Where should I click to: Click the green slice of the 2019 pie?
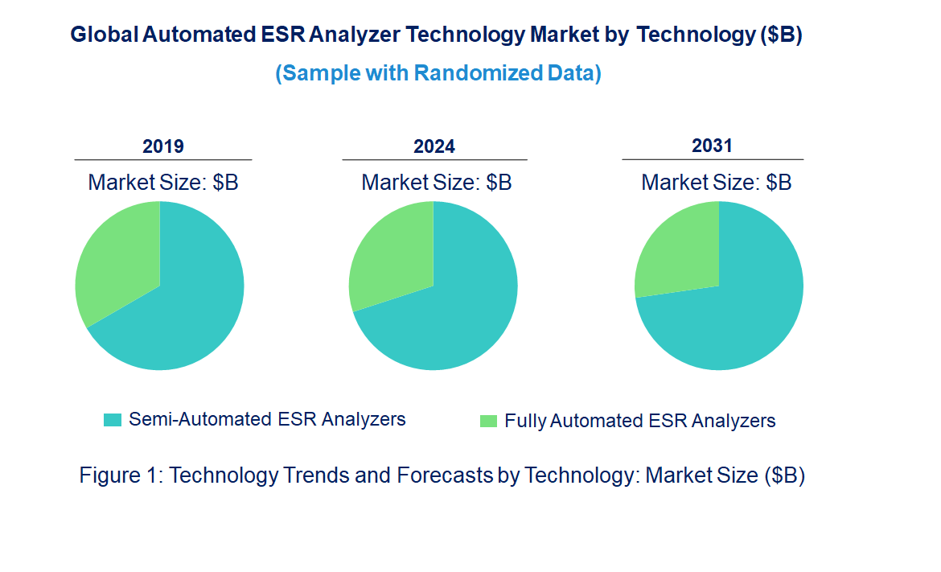(117, 257)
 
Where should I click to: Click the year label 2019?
(163, 146)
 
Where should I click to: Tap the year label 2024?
(434, 146)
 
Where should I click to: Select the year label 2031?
(712, 146)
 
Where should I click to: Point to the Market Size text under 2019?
(163, 183)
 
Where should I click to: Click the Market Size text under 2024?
(436, 183)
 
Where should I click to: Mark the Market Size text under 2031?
(716, 183)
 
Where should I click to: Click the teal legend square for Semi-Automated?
(113, 419)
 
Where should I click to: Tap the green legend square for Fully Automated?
(488, 421)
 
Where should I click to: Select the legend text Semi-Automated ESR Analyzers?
(267, 419)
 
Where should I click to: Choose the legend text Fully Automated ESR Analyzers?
(639, 421)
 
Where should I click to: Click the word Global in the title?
(103, 35)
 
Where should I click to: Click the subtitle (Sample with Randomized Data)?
(438, 73)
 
